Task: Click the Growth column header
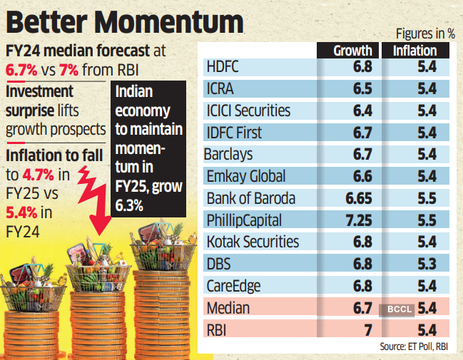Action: pyautogui.click(x=353, y=51)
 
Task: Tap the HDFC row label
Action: pyautogui.click(x=224, y=67)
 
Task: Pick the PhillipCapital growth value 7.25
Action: pyautogui.click(x=357, y=220)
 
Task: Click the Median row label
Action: pyautogui.click(x=228, y=308)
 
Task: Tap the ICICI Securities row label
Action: pyautogui.click(x=248, y=110)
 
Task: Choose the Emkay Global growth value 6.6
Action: pyautogui.click(x=362, y=176)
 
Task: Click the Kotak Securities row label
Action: pyautogui.click(x=252, y=242)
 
